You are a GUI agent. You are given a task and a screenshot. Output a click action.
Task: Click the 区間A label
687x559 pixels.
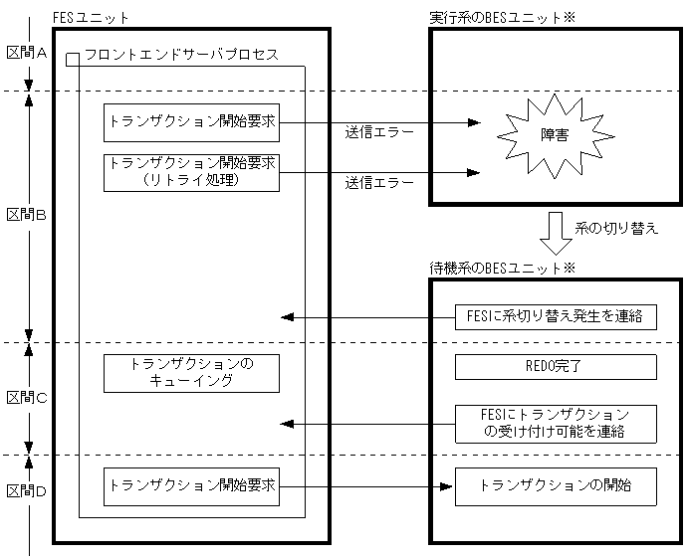pos(27,54)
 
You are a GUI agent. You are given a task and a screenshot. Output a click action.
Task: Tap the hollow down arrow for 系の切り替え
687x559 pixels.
pos(555,232)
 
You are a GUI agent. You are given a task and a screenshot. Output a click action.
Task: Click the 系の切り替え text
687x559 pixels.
pos(616,229)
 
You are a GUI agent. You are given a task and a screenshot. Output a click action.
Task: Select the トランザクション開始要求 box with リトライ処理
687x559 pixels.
pos(192,171)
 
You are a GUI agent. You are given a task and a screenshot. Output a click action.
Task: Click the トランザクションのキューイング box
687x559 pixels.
pos(192,373)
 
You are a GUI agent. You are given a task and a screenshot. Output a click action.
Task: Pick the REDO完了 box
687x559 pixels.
pos(557,366)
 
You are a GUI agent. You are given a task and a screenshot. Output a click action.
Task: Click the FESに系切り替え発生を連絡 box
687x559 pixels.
pos(557,317)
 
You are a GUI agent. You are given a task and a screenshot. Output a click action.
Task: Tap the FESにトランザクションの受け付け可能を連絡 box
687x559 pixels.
pos(557,423)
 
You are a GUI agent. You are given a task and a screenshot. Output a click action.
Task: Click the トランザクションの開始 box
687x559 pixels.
pos(557,486)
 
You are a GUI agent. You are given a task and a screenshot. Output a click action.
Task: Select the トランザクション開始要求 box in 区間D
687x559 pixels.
pos(192,486)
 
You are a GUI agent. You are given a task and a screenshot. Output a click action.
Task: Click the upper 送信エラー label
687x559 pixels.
pos(379,131)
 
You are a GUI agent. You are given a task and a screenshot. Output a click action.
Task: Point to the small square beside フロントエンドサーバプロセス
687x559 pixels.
pos(72,59)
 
